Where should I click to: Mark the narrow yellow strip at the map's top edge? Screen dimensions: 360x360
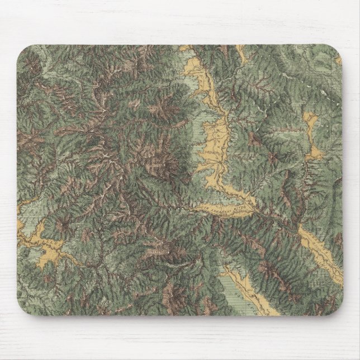[240, 53]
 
